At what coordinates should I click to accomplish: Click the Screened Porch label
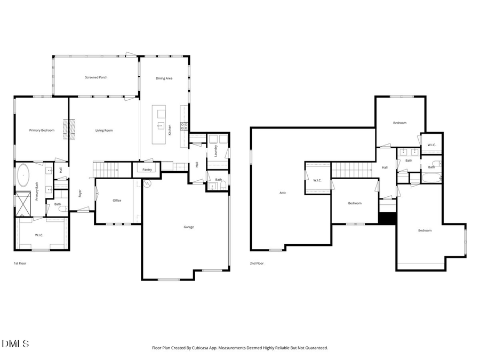96,77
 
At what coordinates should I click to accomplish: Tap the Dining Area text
164,78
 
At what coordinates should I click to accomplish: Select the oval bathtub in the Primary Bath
23,175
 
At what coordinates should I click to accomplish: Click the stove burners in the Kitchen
184,126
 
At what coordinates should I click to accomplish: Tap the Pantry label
147,170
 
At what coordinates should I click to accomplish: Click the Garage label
189,227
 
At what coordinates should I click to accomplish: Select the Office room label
117,201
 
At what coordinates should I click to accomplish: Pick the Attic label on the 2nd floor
283,193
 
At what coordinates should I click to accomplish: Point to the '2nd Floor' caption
257,263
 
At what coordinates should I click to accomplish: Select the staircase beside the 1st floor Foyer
106,170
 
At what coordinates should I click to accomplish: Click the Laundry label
216,151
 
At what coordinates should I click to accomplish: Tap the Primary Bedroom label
42,130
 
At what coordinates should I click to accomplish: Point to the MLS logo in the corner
15,343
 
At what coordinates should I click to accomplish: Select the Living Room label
104,130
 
